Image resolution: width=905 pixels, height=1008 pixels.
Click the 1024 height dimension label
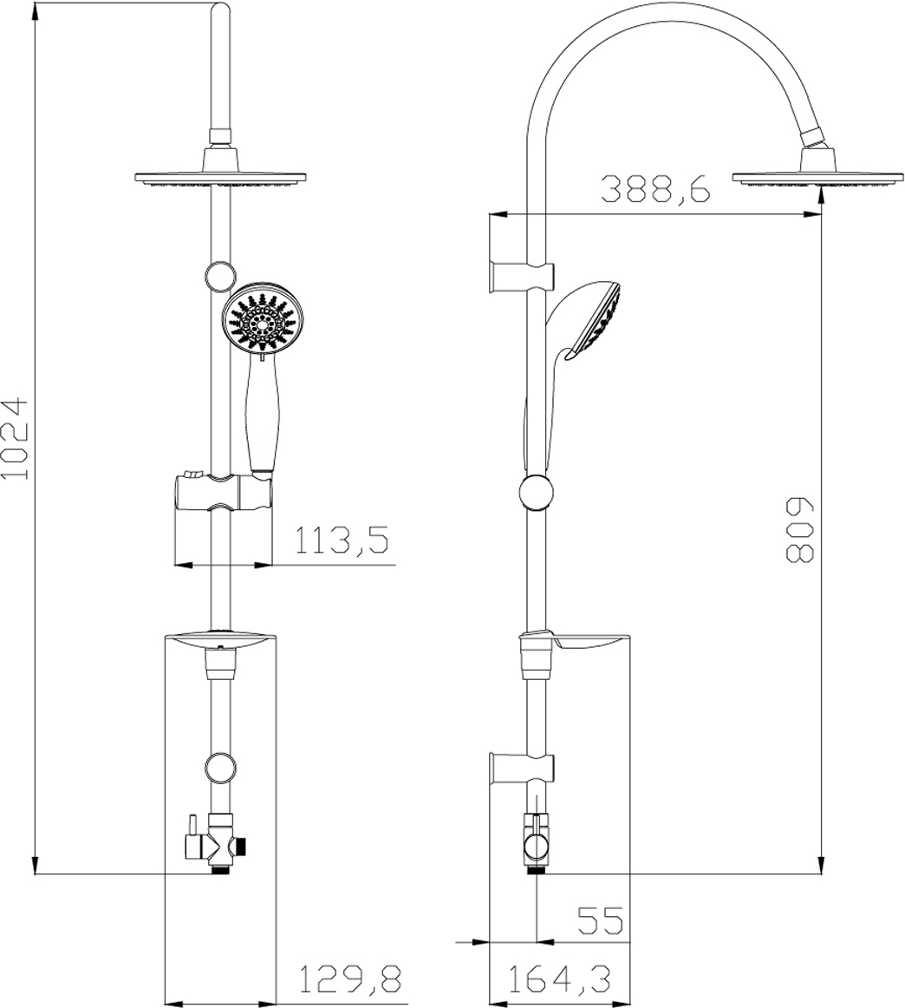[x=16, y=439]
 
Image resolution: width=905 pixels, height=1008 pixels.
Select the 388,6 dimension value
[x=655, y=187]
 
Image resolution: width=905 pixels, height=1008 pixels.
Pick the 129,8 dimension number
[x=352, y=979]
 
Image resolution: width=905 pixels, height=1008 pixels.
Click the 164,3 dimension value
[x=559, y=979]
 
